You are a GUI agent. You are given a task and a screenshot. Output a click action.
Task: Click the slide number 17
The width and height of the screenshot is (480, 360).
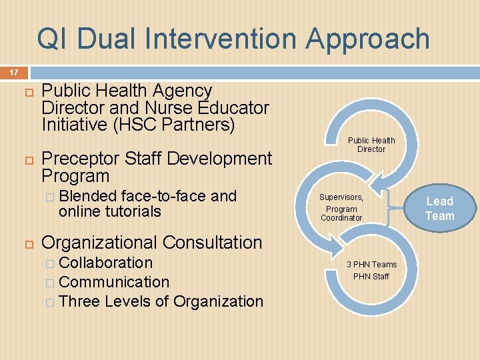pos(13,72)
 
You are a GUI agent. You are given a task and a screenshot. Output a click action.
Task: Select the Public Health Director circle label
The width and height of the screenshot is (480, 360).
pos(371,145)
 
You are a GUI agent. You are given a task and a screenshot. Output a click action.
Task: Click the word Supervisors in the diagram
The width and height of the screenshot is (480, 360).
pos(341,197)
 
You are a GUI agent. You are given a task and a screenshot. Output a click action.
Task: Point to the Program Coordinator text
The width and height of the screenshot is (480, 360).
pos(341,213)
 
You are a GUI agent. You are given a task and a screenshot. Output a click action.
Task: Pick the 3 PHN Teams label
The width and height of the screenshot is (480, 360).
pos(371,265)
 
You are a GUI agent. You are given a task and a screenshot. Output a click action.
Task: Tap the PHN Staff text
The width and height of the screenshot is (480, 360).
pos(371,276)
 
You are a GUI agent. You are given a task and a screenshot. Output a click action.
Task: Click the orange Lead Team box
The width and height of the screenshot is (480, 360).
pos(440,208)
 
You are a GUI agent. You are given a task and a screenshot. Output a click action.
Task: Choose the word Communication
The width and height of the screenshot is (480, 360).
pos(114,282)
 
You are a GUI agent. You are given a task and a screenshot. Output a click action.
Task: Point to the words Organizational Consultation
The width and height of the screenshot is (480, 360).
pos(151,243)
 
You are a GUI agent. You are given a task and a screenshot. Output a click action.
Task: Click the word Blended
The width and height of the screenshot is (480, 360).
pos(87,196)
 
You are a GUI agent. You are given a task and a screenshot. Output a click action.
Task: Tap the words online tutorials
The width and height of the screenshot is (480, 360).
pos(109,211)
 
